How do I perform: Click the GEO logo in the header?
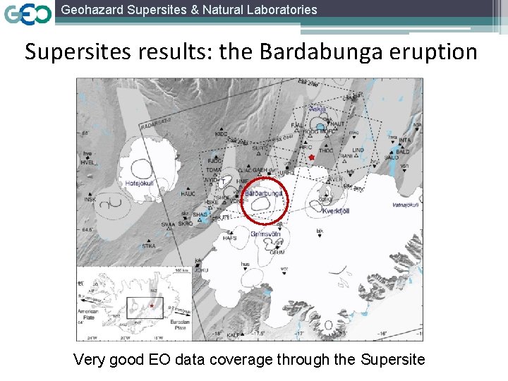(28, 14)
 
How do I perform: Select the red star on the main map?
(311, 157)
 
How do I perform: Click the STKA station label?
(148, 246)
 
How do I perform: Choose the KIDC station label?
(222, 133)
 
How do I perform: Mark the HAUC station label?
(188, 193)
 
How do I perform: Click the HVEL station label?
(87, 162)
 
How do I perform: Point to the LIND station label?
(358, 150)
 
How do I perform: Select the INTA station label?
(405, 140)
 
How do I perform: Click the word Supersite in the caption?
(392, 360)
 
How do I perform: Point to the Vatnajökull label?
(405, 205)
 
